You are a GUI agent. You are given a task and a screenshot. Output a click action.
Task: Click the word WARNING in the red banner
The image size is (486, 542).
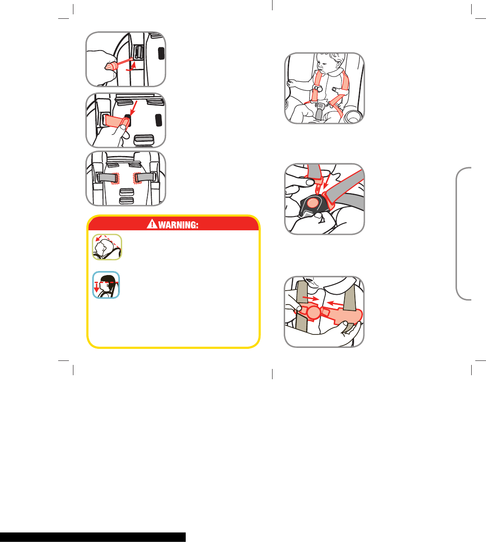click(x=178, y=225)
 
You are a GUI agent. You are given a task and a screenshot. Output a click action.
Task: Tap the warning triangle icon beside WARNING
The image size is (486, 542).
click(x=152, y=224)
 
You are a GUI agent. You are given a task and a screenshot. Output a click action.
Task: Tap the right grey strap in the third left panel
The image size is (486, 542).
click(x=145, y=177)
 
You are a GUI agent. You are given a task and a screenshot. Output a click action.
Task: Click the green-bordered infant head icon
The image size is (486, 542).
click(x=107, y=247)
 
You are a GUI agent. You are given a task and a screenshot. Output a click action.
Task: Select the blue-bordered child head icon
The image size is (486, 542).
click(x=106, y=285)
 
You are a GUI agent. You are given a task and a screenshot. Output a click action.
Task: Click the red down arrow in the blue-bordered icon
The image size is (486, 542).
click(x=96, y=288)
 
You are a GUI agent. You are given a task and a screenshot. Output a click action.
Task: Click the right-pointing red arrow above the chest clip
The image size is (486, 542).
click(x=311, y=298)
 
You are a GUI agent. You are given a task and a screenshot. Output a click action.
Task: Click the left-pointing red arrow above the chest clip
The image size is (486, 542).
click(x=336, y=303)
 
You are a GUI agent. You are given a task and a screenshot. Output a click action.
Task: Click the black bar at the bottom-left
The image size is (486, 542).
click(x=93, y=537)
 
